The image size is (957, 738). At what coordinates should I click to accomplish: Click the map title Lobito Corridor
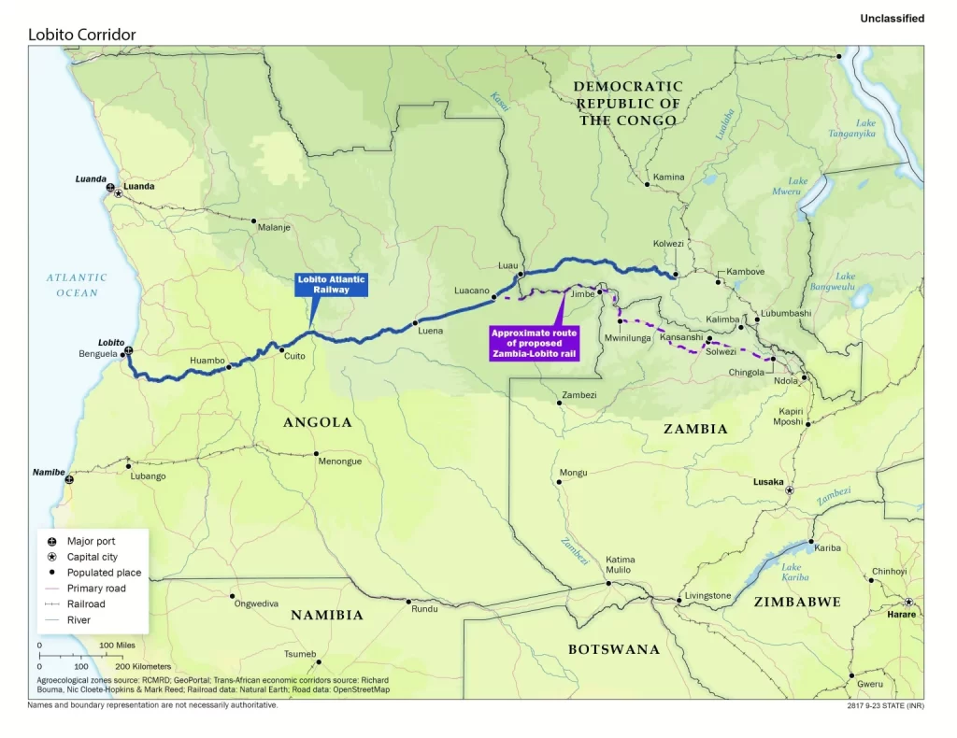(82, 35)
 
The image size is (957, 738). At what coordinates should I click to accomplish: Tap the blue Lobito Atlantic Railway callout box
(332, 284)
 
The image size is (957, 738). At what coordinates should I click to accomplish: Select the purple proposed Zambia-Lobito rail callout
(535, 343)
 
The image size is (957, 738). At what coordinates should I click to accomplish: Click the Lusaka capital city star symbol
(790, 490)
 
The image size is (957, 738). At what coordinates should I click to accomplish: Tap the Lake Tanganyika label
(851, 128)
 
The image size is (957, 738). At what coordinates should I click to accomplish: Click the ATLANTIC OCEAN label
(77, 285)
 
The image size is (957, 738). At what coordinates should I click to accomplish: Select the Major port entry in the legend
(91, 541)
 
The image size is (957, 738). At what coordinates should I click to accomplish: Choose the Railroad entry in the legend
(86, 603)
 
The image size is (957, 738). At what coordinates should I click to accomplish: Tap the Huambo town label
(207, 360)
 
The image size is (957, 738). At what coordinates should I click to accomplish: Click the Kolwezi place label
(668, 244)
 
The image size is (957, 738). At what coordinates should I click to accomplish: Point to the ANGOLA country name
(318, 422)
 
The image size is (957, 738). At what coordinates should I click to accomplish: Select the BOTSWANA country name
(614, 649)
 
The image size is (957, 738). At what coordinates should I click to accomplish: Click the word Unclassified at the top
(892, 19)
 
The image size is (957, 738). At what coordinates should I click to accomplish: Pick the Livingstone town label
(707, 595)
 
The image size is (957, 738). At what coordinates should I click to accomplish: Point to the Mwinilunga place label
(627, 337)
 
